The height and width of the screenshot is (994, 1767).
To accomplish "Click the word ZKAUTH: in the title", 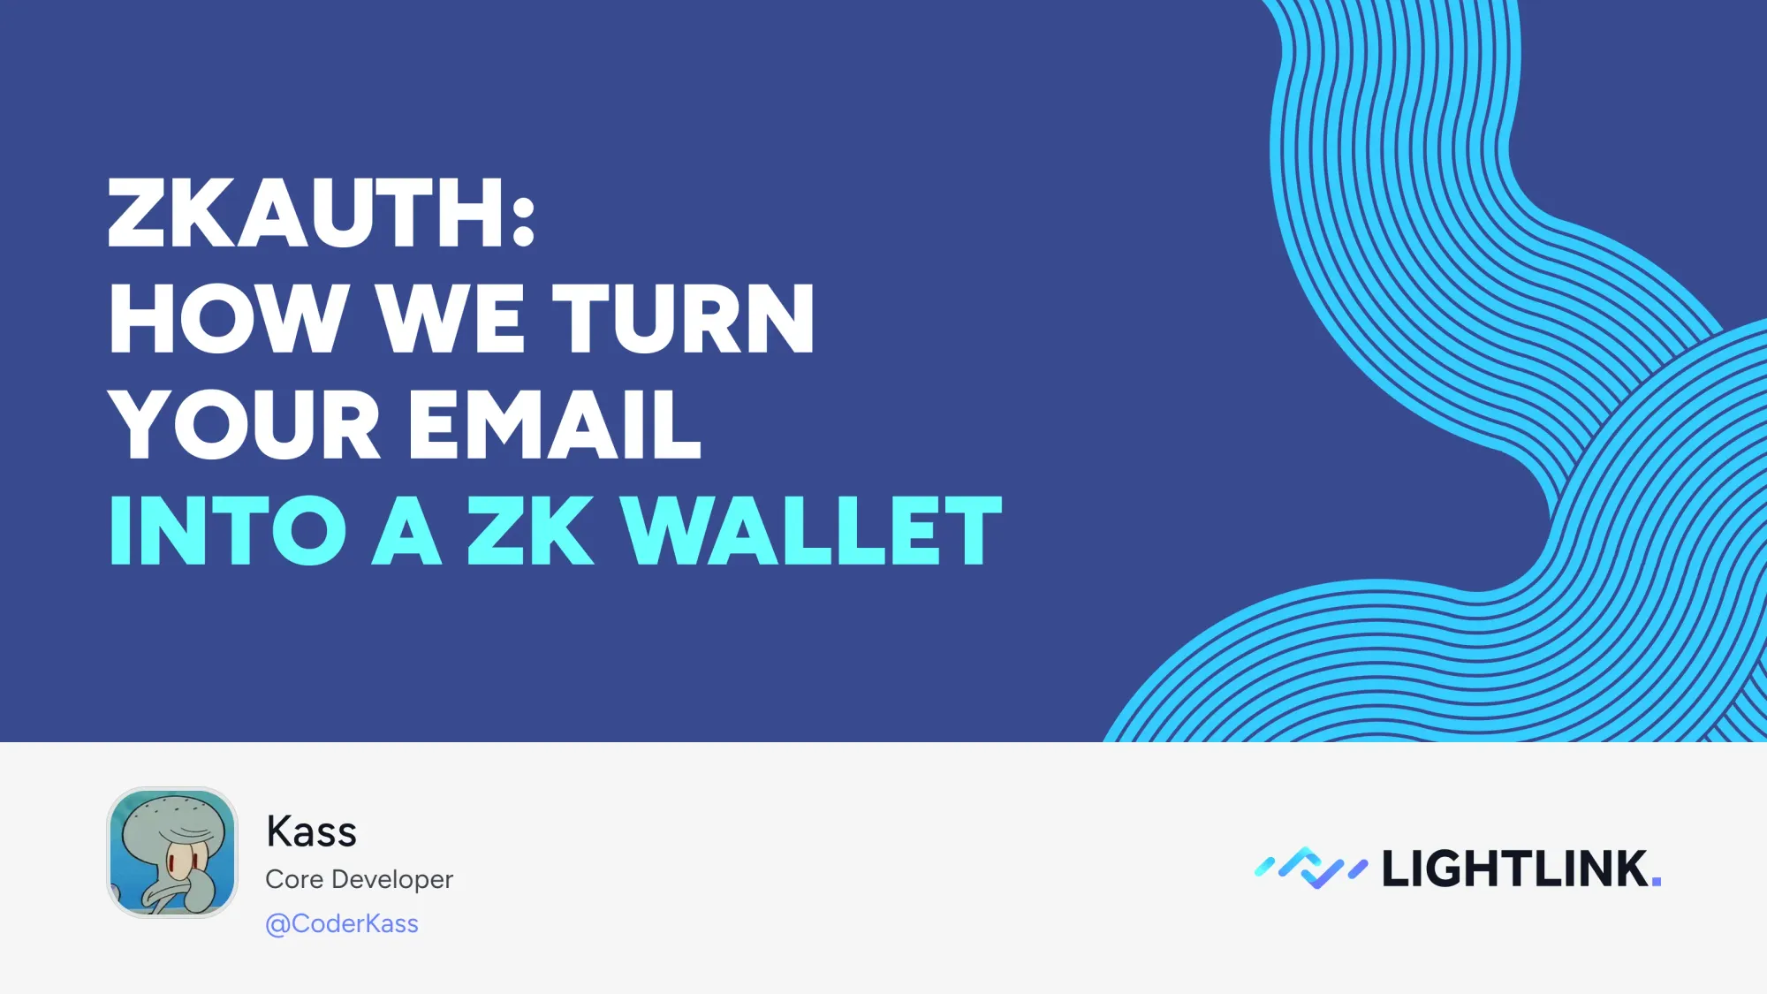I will pyautogui.click(x=321, y=213).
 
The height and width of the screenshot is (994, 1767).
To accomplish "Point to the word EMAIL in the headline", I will pyautogui.click(x=555, y=425).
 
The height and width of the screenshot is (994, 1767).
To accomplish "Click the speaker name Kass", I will pyautogui.click(x=311, y=831).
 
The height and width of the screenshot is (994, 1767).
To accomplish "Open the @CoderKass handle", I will pyautogui.click(x=342, y=923).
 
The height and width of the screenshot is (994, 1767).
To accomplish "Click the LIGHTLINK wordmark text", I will pyautogui.click(x=1514, y=869).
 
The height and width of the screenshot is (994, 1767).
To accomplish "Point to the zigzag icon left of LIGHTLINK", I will pyautogui.click(x=1311, y=868).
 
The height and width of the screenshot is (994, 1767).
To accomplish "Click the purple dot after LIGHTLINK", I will pyautogui.click(x=1657, y=881).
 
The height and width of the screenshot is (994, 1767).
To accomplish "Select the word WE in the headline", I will pyautogui.click(x=451, y=319).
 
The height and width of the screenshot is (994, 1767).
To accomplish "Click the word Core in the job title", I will pyautogui.click(x=294, y=879).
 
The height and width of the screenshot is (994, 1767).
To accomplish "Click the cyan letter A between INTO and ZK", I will pyautogui.click(x=406, y=531).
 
